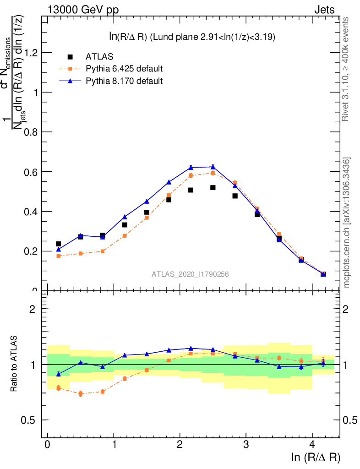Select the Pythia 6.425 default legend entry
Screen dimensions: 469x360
click(x=124, y=69)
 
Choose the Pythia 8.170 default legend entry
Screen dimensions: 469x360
click(x=124, y=81)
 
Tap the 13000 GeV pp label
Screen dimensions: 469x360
click(x=83, y=10)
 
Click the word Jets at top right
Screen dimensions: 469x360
click(x=324, y=10)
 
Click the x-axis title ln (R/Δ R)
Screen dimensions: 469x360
click(x=316, y=457)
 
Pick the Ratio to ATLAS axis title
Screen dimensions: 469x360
click(x=15, y=364)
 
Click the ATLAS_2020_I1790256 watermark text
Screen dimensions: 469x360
click(x=191, y=274)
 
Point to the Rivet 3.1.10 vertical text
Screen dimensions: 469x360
click(x=346, y=69)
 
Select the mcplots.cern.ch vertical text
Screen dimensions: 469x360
click(x=346, y=223)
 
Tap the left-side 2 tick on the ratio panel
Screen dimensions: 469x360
click(x=32, y=309)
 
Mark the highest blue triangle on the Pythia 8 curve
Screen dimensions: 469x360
click(x=213, y=167)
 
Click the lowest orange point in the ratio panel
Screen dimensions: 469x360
click(x=81, y=393)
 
